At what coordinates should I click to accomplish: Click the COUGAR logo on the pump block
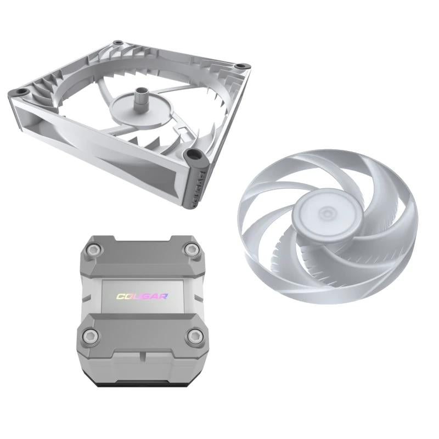point(142,296)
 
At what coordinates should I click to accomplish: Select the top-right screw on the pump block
point(190,251)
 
